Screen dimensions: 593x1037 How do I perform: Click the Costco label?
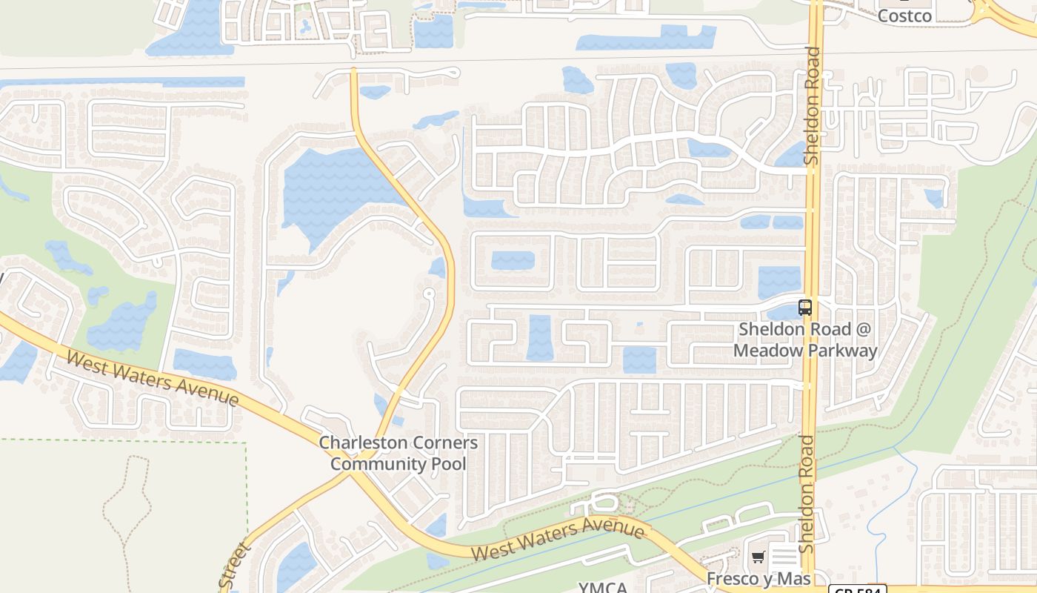[x=904, y=16]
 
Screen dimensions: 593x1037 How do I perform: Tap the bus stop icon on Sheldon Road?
[x=805, y=307]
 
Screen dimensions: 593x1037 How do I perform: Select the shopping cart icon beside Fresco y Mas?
[x=758, y=557]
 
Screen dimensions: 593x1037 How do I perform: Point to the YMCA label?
[x=602, y=588]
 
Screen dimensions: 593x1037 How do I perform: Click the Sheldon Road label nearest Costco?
[x=813, y=106]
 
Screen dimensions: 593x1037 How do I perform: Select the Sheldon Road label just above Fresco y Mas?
[x=807, y=494]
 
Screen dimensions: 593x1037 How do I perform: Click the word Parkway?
[x=843, y=350]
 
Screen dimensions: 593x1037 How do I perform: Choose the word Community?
[x=376, y=464]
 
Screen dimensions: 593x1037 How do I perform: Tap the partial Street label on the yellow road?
[x=236, y=567]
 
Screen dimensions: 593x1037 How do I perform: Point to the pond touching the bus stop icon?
[x=784, y=313]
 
